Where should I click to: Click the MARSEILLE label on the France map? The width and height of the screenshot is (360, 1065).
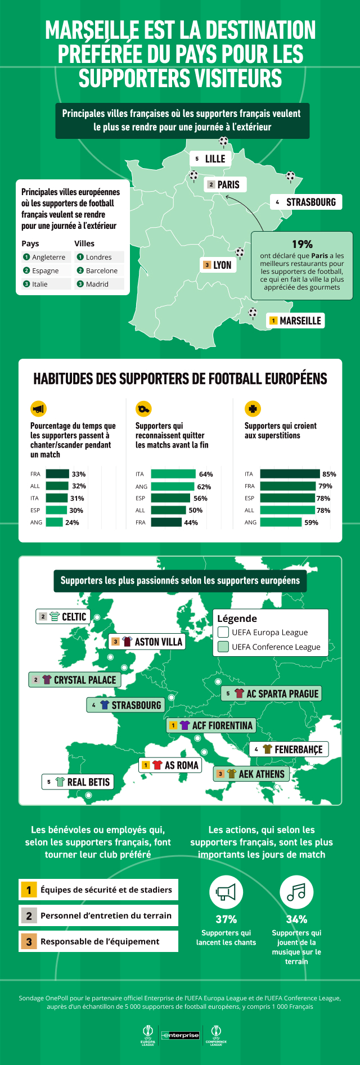click(x=295, y=321)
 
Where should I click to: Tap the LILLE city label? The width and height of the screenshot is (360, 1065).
click(x=210, y=159)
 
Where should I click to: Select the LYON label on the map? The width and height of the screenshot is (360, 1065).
click(x=218, y=265)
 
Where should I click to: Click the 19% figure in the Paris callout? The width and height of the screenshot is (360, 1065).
click(x=302, y=244)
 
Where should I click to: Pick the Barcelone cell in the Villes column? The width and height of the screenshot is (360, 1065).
click(x=100, y=270)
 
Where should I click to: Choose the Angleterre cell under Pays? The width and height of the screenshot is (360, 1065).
click(x=44, y=257)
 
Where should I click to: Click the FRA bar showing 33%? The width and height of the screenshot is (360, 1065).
click(x=57, y=474)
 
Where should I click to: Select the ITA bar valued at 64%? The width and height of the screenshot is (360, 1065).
click(x=173, y=474)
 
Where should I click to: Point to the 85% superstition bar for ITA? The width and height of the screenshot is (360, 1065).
click(x=290, y=474)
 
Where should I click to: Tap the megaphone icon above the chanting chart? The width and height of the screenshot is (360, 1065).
click(x=38, y=409)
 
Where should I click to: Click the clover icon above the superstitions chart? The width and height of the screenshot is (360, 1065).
click(x=253, y=409)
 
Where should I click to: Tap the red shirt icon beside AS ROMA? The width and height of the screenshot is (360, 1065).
click(x=157, y=765)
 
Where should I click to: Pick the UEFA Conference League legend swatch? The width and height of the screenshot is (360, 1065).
click(x=223, y=647)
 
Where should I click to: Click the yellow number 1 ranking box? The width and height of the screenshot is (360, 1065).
click(x=29, y=890)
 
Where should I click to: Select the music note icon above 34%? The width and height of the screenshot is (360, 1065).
click(x=296, y=892)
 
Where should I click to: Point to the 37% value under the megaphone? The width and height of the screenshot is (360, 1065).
click(x=226, y=919)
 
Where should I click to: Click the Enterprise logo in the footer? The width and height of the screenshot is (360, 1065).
click(x=181, y=1035)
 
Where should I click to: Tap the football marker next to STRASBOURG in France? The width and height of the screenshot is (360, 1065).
click(x=290, y=177)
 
